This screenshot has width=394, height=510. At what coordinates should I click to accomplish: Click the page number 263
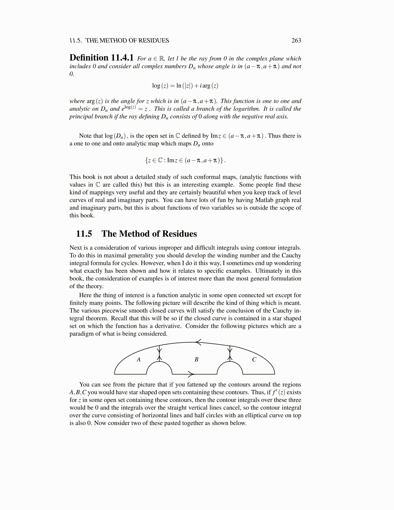pyautogui.click(x=296, y=41)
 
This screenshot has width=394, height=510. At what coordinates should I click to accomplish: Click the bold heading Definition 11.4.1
pyautogui.click(x=101, y=58)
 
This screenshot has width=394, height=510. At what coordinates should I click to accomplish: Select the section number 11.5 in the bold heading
pyautogui.click(x=84, y=234)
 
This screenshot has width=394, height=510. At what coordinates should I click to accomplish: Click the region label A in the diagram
pyautogui.click(x=139, y=360)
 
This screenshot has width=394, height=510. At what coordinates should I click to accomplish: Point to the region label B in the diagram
pyautogui.click(x=196, y=360)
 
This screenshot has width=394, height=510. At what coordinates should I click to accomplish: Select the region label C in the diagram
pyautogui.click(x=254, y=360)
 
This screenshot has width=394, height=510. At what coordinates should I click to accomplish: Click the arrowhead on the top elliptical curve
pyautogui.click(x=198, y=342)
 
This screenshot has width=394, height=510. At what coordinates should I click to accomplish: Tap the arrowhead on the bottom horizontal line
pyautogui.click(x=191, y=374)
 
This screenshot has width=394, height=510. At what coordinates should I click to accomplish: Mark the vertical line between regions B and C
pyautogui.click(x=230, y=353)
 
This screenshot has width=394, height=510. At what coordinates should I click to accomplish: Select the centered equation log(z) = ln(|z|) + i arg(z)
pyautogui.click(x=185, y=86)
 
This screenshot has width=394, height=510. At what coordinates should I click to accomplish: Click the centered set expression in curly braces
pyautogui.click(x=185, y=160)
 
